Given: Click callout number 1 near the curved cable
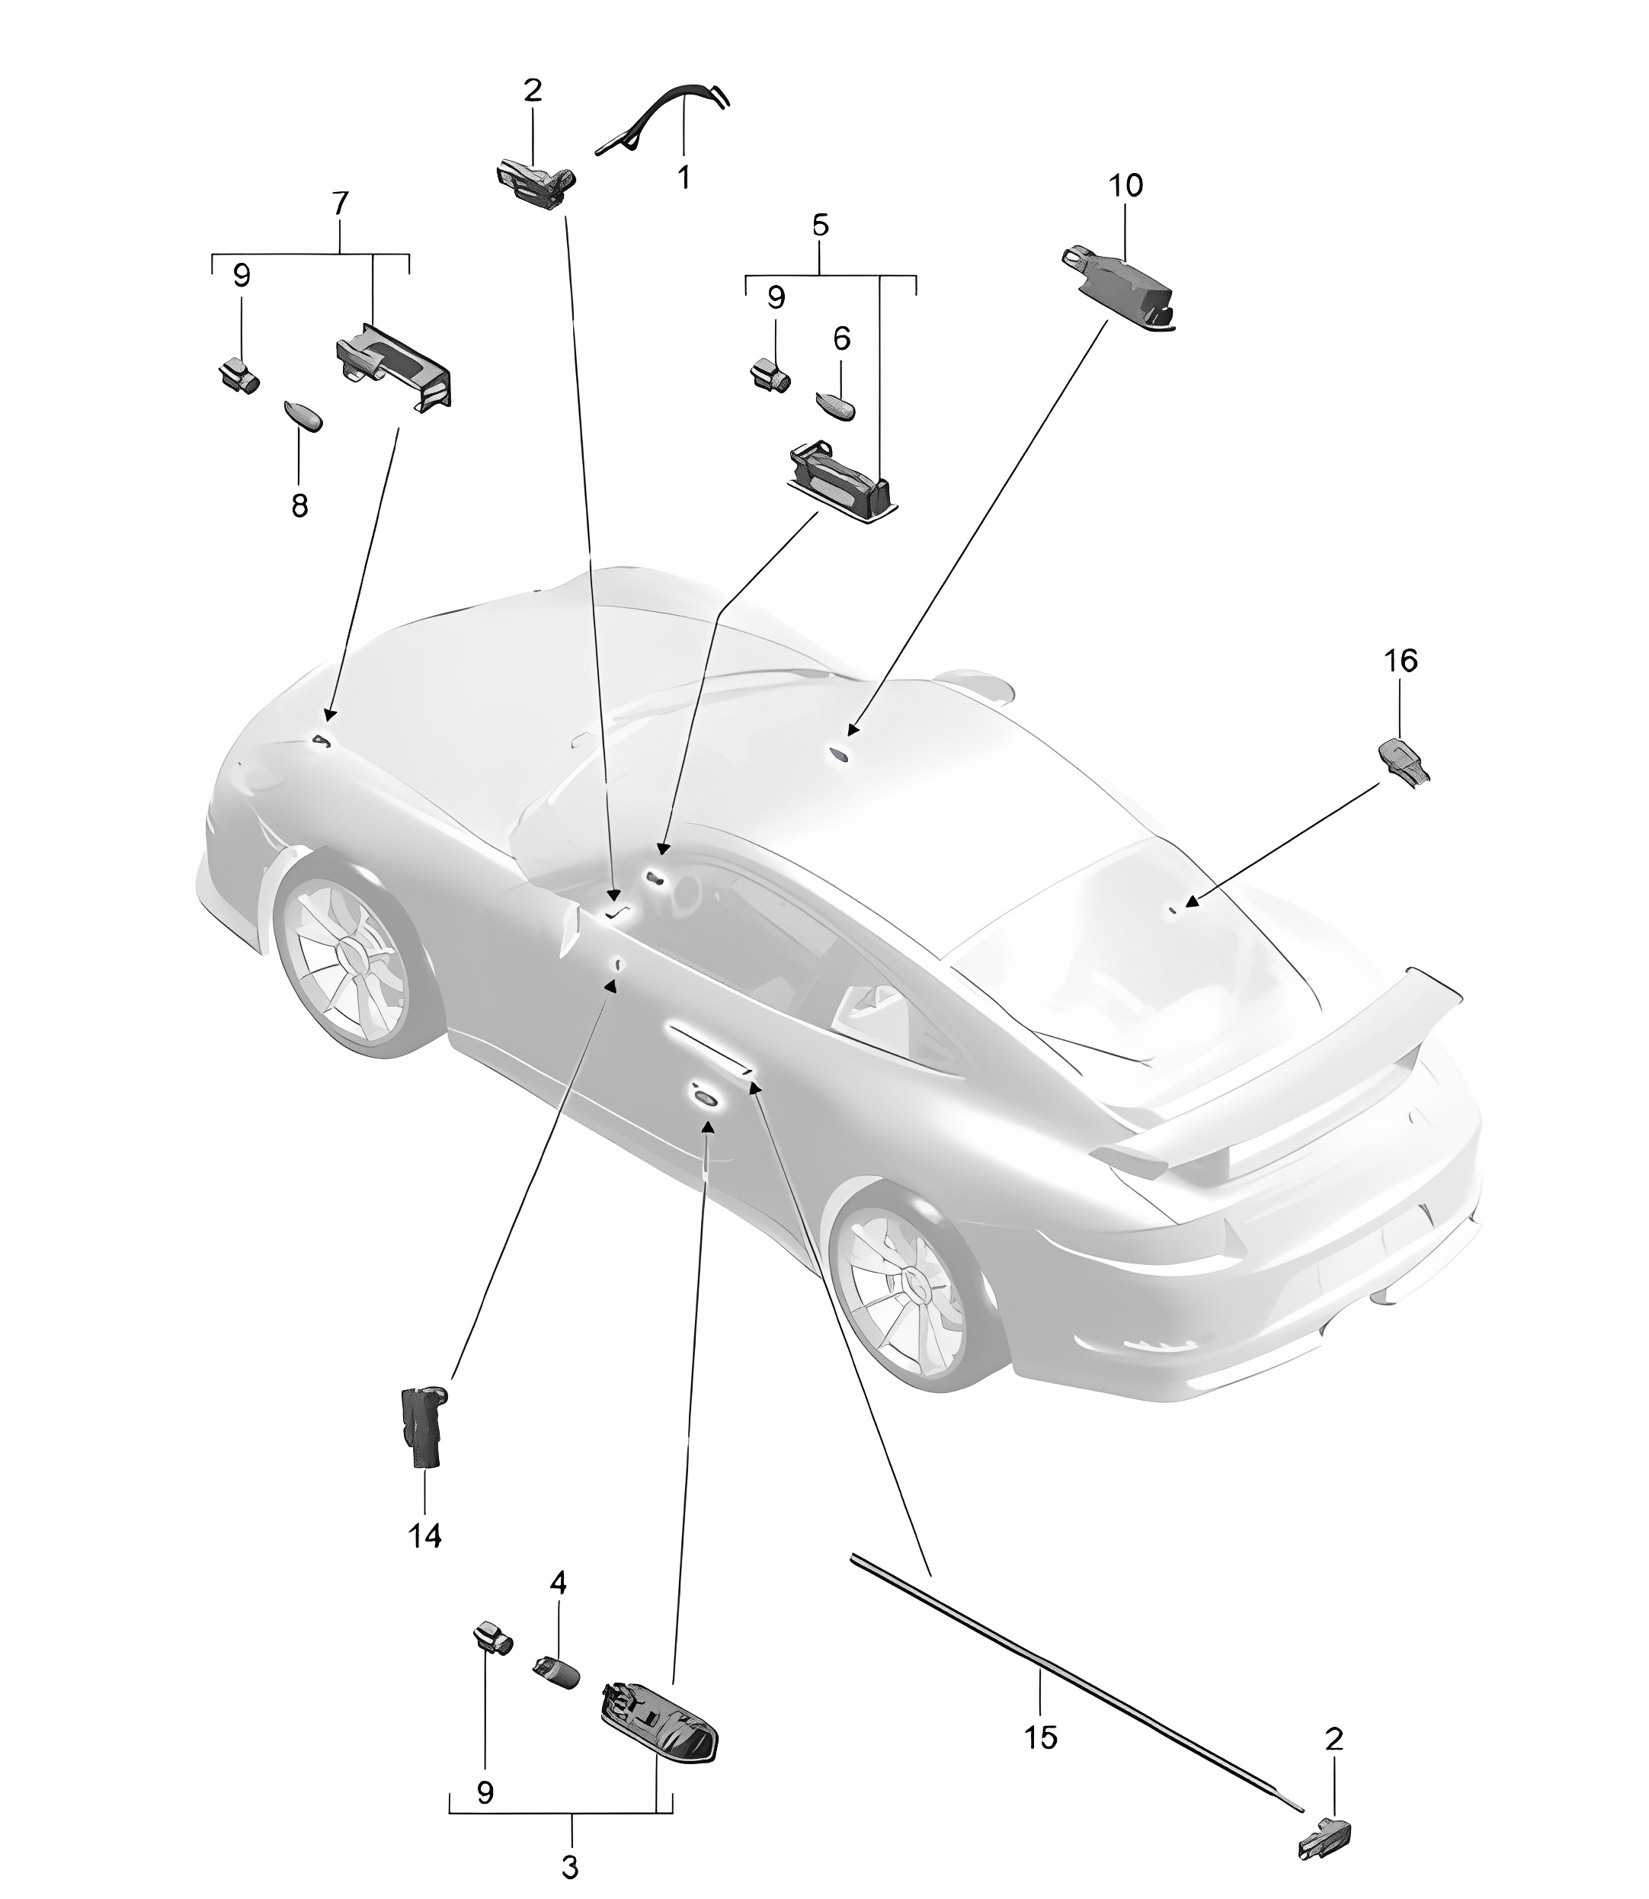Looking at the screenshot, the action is (x=683, y=177).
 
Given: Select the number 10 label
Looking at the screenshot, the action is (x=1125, y=186).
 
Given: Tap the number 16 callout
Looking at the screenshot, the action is (x=1401, y=661).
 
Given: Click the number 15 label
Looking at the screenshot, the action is (x=1041, y=1737).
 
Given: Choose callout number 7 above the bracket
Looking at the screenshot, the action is (x=340, y=203).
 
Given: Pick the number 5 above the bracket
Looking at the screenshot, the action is (x=820, y=225).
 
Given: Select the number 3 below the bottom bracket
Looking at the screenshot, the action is (x=569, y=1868).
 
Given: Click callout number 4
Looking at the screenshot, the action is (x=558, y=1583).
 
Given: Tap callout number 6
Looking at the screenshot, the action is (x=841, y=338).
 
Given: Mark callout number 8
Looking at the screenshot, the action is (x=299, y=505).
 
